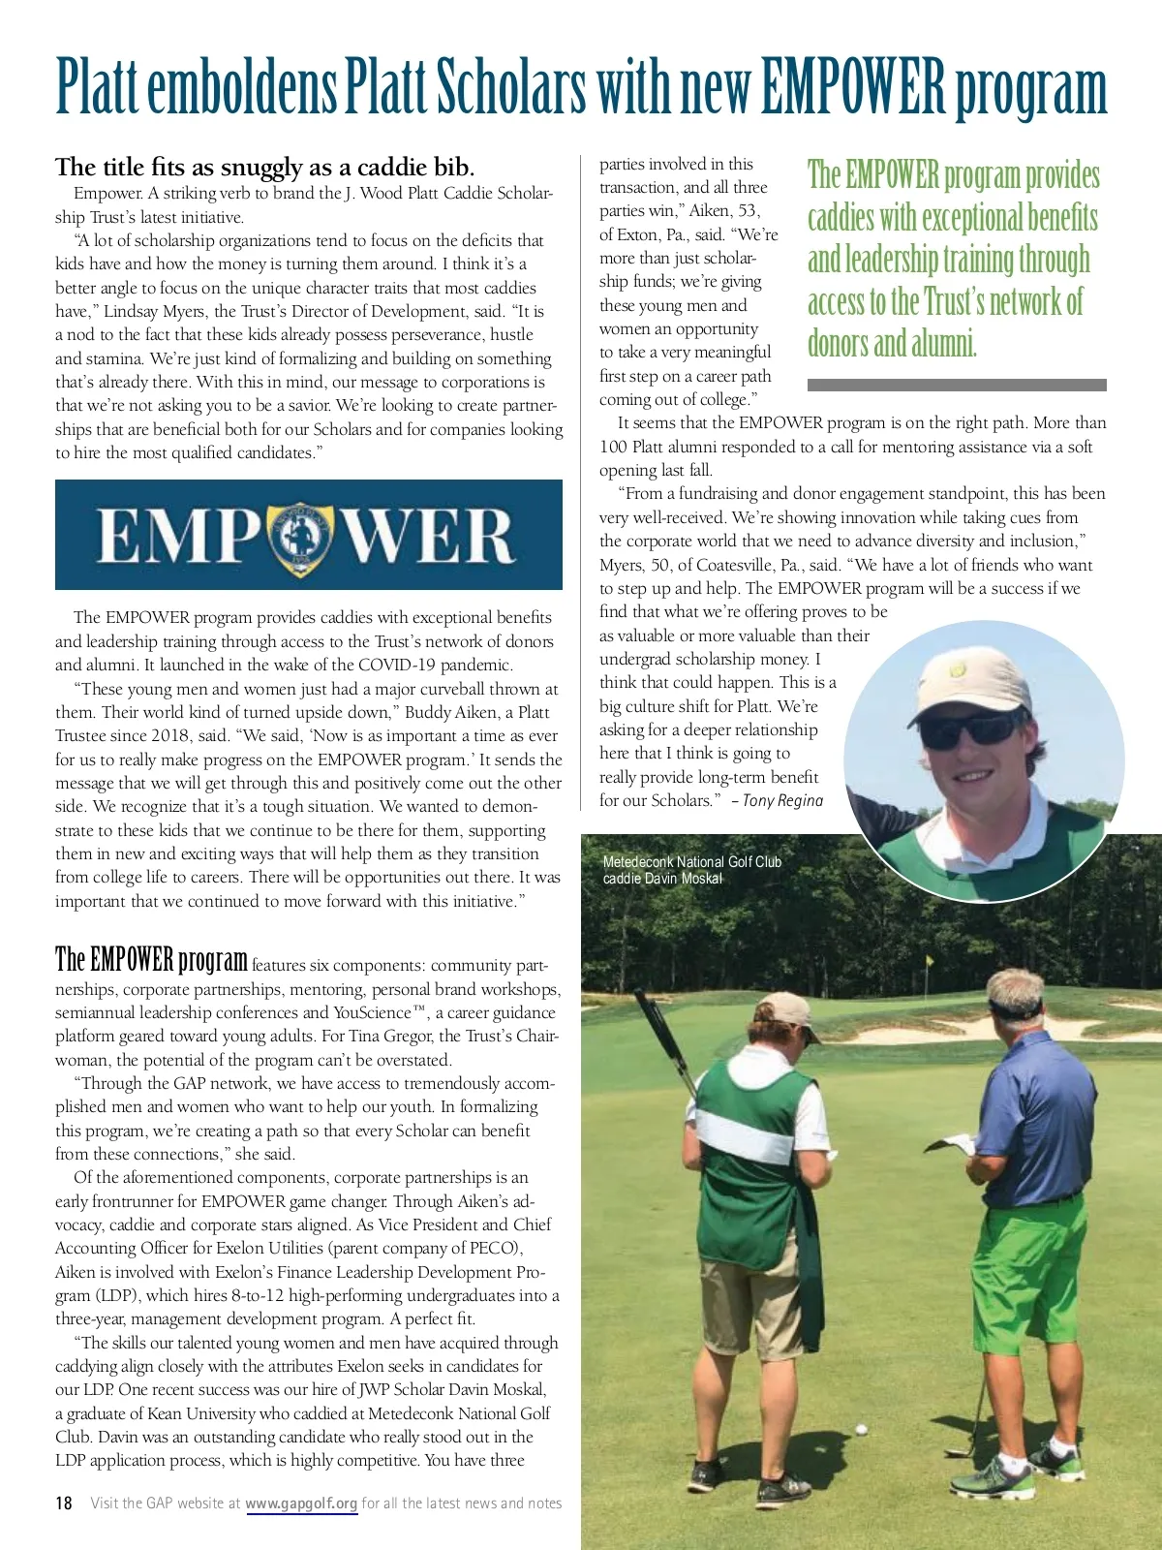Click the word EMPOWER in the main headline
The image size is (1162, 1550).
point(853,87)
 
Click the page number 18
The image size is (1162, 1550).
point(64,1503)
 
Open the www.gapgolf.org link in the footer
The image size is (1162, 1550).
point(301,1503)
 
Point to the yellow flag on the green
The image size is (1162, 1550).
point(931,962)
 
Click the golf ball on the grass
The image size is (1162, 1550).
point(860,1428)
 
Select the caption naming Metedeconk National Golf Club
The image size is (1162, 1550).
point(691,870)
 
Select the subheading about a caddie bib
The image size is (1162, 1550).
point(264,167)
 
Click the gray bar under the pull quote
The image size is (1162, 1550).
point(956,385)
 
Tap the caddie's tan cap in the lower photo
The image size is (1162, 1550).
point(787,1010)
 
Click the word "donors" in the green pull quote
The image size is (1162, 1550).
point(838,344)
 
